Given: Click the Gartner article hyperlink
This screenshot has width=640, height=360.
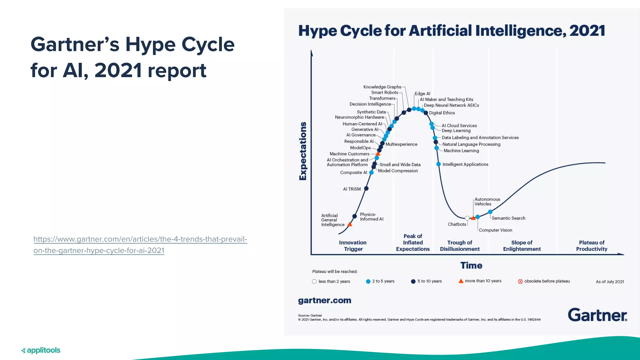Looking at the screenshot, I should point(140,245).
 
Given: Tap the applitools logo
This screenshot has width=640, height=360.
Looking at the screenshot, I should point(41,350).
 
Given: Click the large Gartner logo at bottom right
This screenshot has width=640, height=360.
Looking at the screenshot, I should point(597,315).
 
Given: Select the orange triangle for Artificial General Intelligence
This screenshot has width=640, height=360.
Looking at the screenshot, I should point(350,224).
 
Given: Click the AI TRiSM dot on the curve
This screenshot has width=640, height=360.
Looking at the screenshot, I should point(366,188).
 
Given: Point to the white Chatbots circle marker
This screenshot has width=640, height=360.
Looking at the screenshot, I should point(467,218).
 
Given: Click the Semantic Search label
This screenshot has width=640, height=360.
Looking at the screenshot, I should point(508,218).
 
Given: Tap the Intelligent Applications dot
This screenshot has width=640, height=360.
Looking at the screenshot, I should point(438,164).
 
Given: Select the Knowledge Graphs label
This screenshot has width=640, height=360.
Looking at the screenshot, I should point(382,87).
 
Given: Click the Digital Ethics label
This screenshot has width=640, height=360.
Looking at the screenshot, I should point(442,113).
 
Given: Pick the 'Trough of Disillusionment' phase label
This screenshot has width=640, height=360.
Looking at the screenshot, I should point(460,246).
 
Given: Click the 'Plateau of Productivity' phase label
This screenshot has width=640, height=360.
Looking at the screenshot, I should point(592,246).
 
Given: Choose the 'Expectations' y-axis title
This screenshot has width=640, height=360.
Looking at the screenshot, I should point(302,151).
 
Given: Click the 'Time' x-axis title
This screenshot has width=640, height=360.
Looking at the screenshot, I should point(471,265).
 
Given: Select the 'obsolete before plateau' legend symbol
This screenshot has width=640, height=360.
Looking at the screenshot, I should point(520,281).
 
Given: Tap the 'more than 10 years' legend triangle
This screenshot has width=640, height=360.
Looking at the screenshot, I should point(461,281).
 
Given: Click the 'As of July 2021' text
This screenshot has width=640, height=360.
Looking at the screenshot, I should point(609,282).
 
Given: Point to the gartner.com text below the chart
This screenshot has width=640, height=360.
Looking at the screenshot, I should point(324,300).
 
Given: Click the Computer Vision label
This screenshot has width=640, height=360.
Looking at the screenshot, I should point(495,230).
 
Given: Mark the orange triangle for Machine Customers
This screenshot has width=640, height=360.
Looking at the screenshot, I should point(378,154).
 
